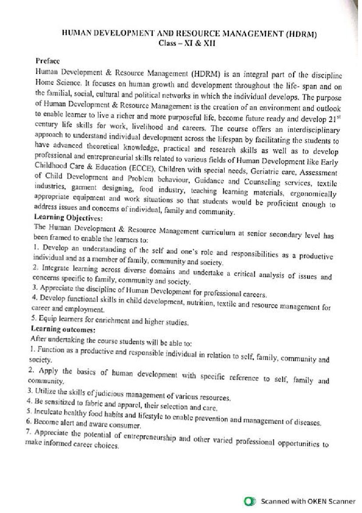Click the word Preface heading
click(x=48, y=61)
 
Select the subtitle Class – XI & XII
click(x=187, y=43)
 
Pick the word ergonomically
click(x=314, y=194)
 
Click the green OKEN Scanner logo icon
click(x=250, y=501)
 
